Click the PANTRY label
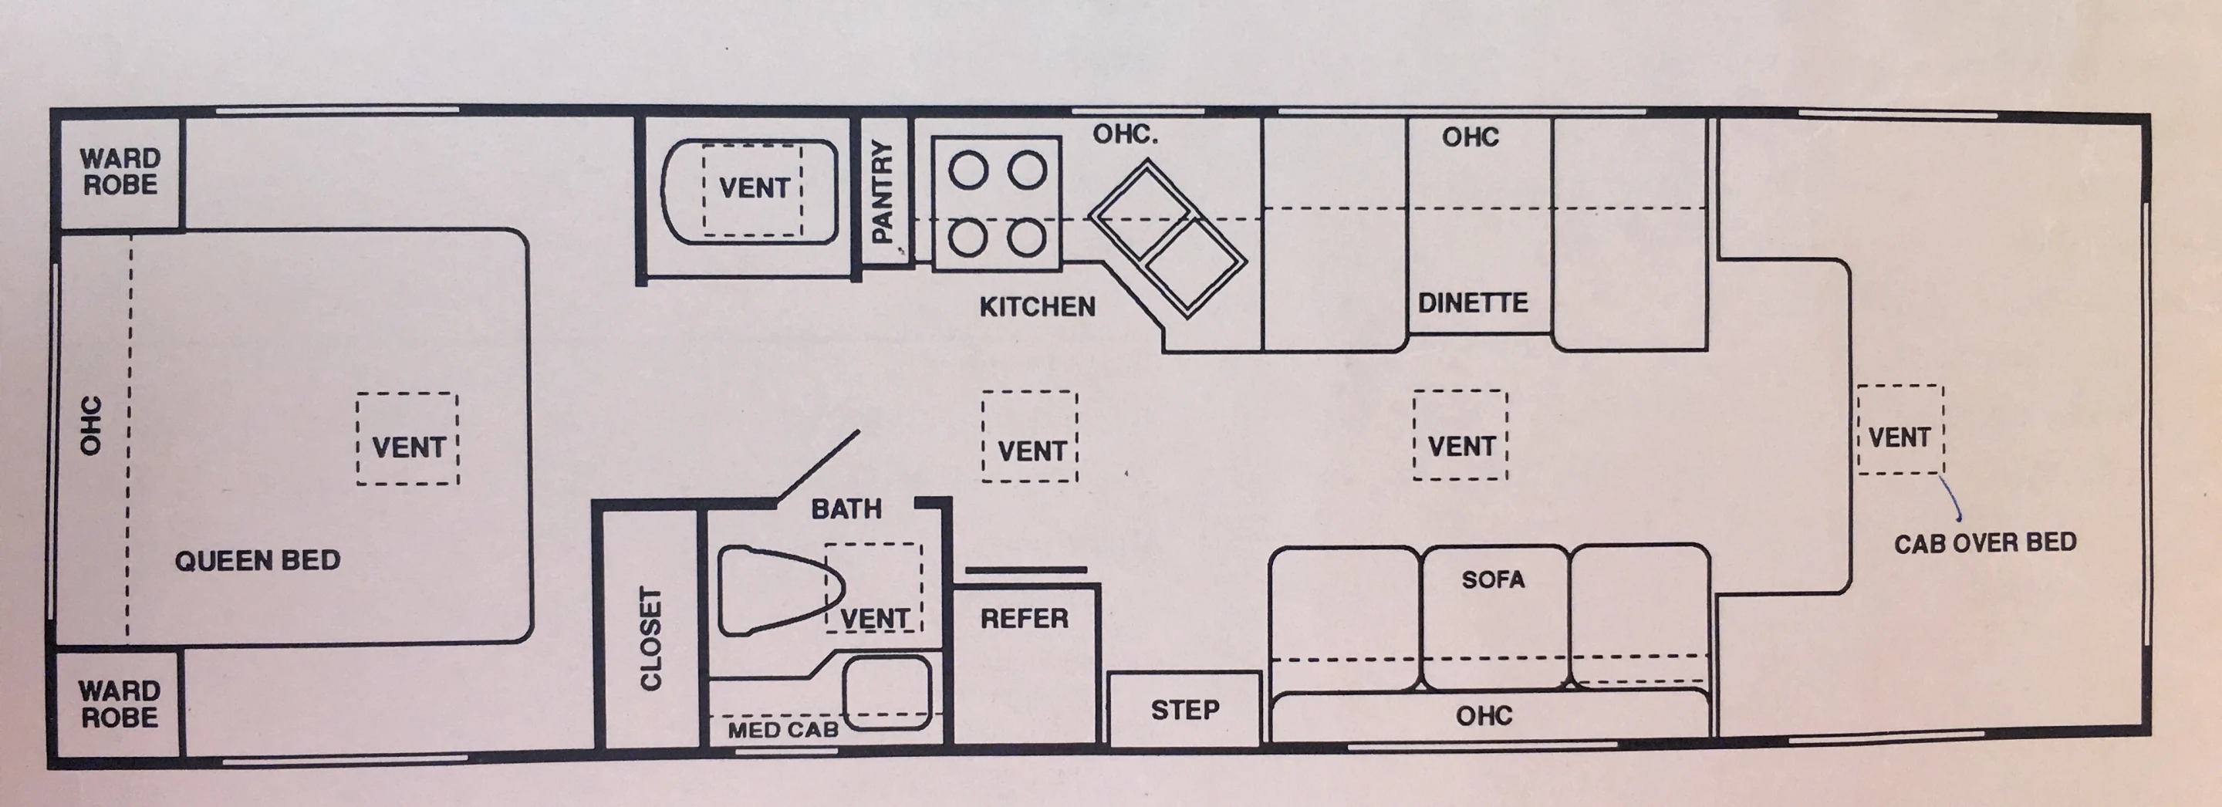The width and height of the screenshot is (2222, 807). tap(883, 193)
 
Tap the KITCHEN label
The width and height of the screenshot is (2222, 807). tap(1037, 306)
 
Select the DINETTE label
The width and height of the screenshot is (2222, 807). tap(1472, 302)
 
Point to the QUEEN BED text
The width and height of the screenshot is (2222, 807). tap(257, 560)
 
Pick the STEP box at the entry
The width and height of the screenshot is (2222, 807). tap(1184, 710)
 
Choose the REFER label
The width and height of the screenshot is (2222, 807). tap(1024, 618)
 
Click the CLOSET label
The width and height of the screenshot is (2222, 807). tap(650, 638)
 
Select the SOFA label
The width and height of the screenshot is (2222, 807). tap(1492, 579)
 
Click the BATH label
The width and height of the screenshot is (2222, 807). tap(846, 508)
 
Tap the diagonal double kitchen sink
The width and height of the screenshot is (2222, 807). tap(1167, 239)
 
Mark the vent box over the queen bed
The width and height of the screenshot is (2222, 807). tap(407, 438)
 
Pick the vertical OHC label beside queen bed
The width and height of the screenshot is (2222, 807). tap(90, 425)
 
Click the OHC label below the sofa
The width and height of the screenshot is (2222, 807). tap(1484, 714)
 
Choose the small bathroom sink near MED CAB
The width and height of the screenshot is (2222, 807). tap(886, 691)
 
